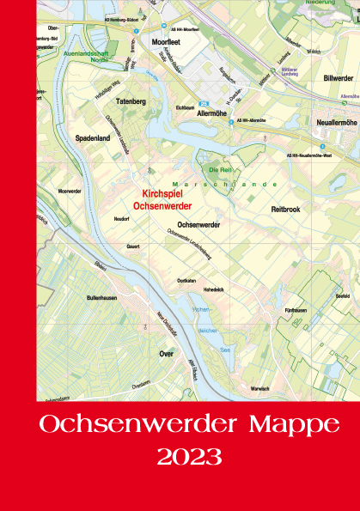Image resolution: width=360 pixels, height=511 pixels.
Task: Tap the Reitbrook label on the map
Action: (286, 208)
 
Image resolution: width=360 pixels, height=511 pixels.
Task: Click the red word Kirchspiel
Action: (165, 195)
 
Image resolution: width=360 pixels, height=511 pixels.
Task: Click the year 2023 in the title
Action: (189, 455)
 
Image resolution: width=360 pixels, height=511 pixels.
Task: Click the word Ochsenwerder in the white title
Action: (134, 423)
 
